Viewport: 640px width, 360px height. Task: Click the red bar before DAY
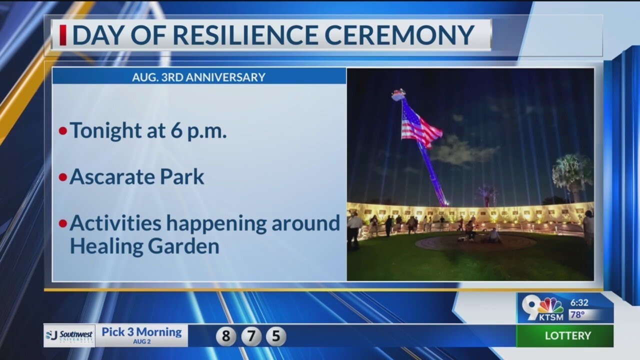tap(63, 35)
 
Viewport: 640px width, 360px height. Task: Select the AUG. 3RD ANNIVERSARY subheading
tap(198, 77)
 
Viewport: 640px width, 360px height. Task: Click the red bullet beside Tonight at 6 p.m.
tap(62, 131)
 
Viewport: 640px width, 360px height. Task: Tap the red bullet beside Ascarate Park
tap(62, 177)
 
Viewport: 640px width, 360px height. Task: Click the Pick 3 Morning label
tap(141, 331)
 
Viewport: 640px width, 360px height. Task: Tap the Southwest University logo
tap(69, 335)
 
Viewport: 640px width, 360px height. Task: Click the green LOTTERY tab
tap(567, 335)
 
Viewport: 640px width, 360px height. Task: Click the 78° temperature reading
tap(577, 315)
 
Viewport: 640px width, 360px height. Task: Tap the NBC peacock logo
tap(550, 304)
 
